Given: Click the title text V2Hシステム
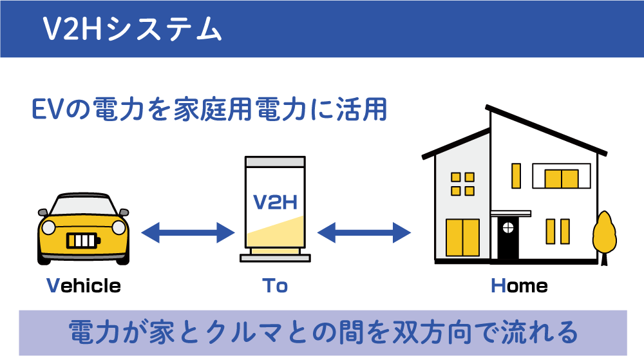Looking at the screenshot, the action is (x=132, y=29).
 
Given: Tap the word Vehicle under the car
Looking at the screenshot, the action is (x=84, y=286).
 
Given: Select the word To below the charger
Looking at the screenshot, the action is (x=275, y=286).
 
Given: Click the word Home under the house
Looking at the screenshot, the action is (x=519, y=286).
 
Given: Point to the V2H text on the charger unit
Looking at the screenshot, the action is (x=275, y=202).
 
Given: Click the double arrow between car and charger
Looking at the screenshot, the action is (x=187, y=232).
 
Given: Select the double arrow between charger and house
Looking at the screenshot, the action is (x=364, y=232).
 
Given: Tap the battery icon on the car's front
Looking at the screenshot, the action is (x=83, y=241).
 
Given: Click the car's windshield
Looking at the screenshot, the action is (x=83, y=205).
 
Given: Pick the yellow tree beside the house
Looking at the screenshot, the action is (x=604, y=236).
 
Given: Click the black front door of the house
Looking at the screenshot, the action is (x=508, y=238).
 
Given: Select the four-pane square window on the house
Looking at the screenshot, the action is (x=463, y=184).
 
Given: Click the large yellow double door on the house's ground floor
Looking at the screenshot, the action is (x=463, y=238).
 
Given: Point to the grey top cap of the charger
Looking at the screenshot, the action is (x=275, y=161).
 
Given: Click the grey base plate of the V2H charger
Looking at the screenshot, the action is (x=275, y=258).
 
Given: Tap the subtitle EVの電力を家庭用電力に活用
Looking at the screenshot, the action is (x=209, y=109).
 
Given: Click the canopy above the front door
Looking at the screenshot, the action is (x=511, y=213).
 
